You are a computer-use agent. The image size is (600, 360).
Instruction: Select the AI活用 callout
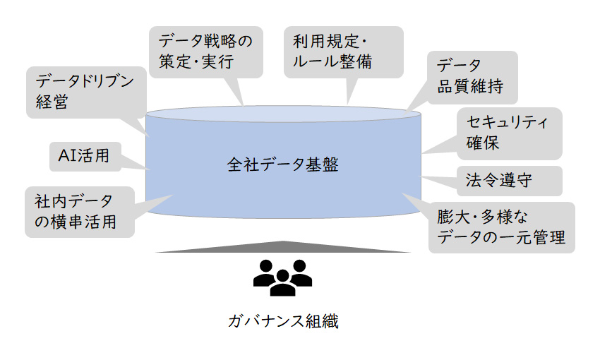click(x=83, y=156)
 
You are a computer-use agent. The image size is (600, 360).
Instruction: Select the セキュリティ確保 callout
click(x=509, y=133)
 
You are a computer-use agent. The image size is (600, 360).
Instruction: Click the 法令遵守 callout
click(x=509, y=181)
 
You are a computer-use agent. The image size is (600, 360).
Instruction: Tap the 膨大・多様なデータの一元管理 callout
click(x=501, y=227)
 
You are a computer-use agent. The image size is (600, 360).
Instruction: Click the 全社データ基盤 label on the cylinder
click(x=283, y=166)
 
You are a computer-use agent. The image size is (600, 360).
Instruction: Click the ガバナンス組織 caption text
click(x=283, y=322)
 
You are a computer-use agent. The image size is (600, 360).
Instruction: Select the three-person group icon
click(x=283, y=277)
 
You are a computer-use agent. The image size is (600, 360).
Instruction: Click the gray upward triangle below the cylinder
click(x=283, y=246)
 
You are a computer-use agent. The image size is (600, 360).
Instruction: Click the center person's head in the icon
click(x=283, y=272)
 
